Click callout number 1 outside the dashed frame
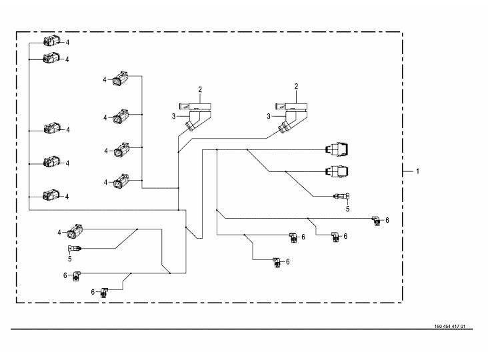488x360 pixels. pos(417,171)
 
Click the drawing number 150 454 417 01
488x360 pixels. pos(449,326)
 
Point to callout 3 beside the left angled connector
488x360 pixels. pos(175,117)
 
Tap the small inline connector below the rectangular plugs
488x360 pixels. pos(341,197)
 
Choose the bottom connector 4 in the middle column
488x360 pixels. pos(121,181)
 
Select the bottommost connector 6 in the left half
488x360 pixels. pos(105,291)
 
